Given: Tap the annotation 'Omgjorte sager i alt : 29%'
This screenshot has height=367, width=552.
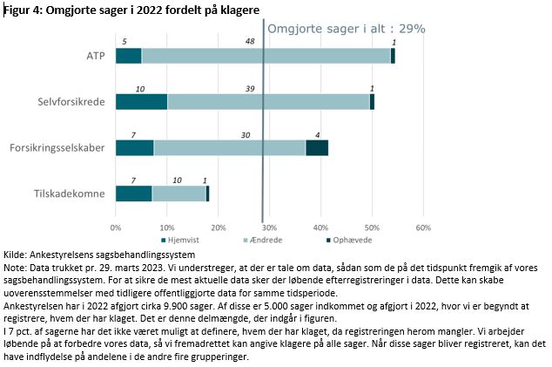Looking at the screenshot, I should (x=346, y=28).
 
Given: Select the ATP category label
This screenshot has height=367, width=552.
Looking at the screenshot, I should (x=96, y=56).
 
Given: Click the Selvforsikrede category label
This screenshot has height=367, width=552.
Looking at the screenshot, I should (x=76, y=102).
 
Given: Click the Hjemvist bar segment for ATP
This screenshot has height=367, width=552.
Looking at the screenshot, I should (x=128, y=56).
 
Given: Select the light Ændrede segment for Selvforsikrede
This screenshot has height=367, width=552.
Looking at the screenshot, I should (x=268, y=102).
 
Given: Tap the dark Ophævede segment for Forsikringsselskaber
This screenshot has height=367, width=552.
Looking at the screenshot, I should (x=317, y=148).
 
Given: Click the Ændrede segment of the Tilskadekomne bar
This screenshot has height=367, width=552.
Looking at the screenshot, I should (x=178, y=194).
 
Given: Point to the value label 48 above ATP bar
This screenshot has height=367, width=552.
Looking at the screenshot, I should (x=250, y=41).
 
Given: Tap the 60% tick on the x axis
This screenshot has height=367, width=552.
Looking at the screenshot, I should (x=423, y=228).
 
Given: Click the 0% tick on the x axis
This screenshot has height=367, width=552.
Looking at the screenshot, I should (x=116, y=228).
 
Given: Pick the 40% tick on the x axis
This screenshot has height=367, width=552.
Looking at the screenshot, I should (x=320, y=228).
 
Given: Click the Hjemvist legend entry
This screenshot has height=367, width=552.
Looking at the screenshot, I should (x=183, y=240).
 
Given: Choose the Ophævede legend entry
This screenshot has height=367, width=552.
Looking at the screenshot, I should (x=355, y=240).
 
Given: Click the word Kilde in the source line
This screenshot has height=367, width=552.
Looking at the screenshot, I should (x=16, y=252).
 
